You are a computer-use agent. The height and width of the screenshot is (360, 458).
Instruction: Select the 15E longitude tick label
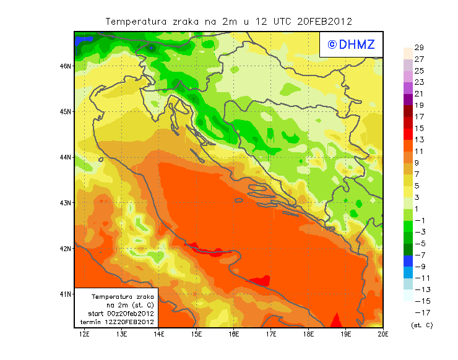click(196, 335)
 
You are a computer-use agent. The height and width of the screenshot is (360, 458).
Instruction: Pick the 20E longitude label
click(383, 335)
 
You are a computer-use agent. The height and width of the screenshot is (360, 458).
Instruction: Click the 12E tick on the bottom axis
click(85, 335)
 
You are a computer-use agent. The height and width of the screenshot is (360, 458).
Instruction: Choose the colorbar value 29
click(419, 48)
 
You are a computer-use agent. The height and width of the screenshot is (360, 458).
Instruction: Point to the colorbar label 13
click(419, 140)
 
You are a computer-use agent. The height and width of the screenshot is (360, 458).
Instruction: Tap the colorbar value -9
click(419, 267)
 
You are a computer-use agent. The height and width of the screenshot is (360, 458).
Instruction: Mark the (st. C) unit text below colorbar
click(421, 325)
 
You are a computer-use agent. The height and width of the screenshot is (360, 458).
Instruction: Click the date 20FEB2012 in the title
click(324, 21)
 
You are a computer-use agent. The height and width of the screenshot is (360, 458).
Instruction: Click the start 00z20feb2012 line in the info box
click(121, 314)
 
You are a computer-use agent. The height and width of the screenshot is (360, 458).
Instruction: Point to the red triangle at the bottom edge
click(336, 321)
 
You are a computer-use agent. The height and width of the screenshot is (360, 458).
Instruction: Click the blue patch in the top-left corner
click(83, 40)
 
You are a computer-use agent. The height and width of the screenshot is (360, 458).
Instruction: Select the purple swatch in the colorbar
click(407, 99)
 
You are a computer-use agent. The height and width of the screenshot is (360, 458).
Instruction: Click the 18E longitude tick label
click(308, 335)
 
